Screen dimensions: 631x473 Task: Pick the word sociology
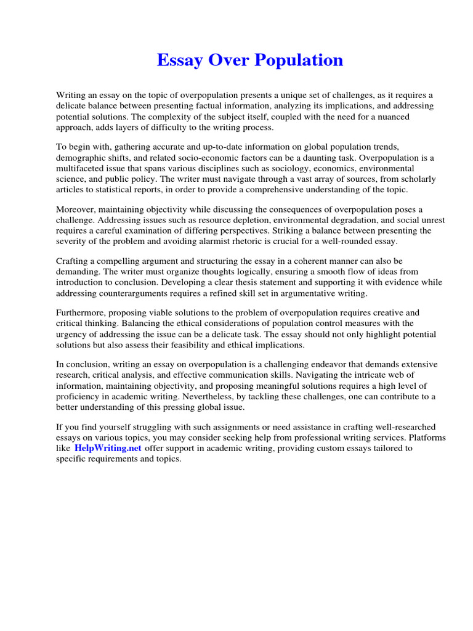click(x=314, y=168)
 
